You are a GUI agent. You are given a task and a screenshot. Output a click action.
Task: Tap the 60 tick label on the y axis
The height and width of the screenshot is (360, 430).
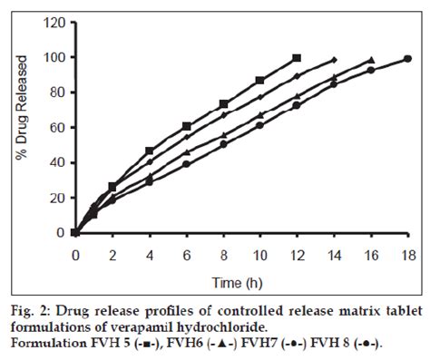pos(57,127)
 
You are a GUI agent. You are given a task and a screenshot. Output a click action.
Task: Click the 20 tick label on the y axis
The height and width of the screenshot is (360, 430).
pos(57,198)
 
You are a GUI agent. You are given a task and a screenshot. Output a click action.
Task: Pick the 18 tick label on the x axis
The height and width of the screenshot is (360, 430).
pos(407,247)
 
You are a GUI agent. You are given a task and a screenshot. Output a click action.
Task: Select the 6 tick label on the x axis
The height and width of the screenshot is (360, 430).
pos(186,247)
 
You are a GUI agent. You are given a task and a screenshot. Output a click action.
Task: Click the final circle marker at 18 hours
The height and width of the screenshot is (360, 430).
pos(407,59)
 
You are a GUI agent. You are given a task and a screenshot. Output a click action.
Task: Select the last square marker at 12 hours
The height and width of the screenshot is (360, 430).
pos(297,58)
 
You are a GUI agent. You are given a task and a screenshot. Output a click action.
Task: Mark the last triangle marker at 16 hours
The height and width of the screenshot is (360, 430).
pos(370,60)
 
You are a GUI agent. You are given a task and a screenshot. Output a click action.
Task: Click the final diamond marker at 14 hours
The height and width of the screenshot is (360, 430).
pos(334,59)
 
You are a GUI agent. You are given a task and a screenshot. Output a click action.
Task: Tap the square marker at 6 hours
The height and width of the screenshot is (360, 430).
pos(186,126)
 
